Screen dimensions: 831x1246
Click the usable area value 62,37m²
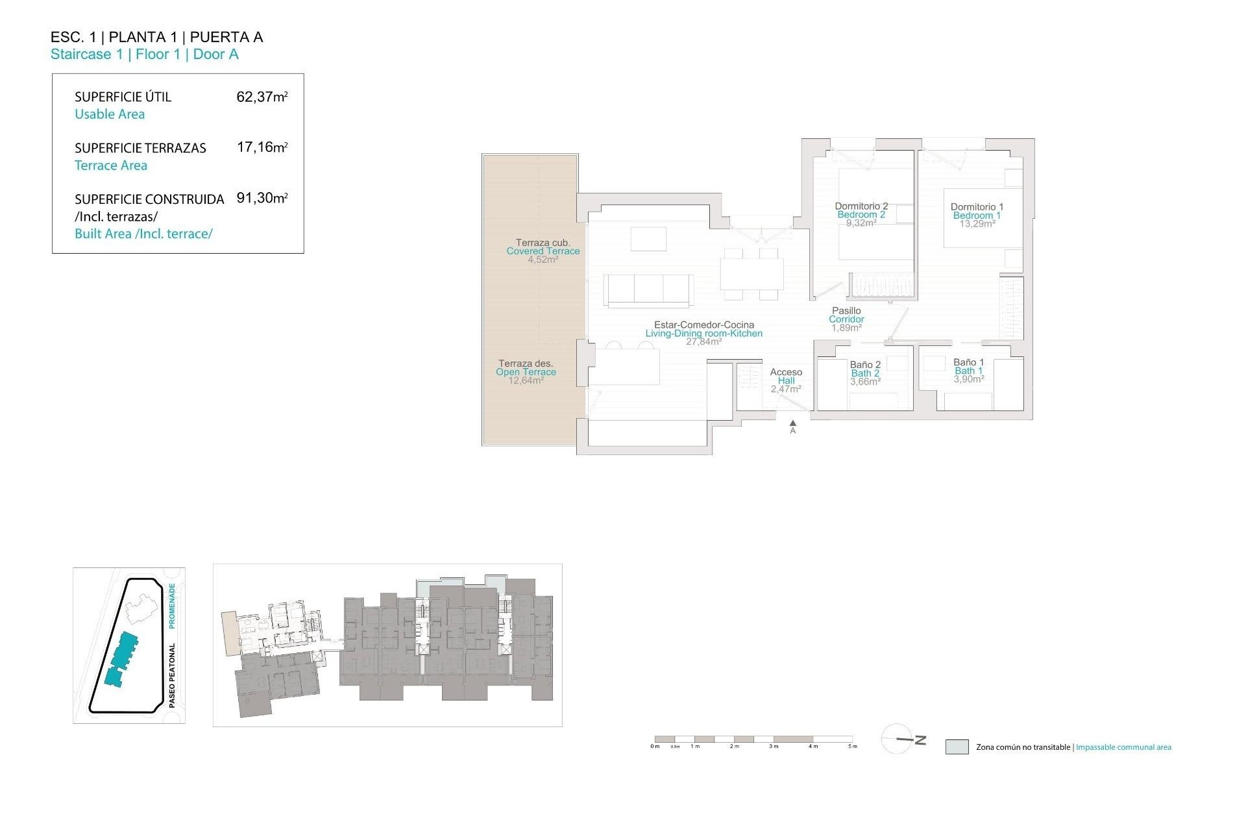(262, 97)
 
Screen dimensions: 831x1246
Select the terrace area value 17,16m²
(262, 147)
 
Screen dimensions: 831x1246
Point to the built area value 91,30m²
(262, 198)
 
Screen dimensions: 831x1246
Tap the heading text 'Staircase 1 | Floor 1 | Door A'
(144, 55)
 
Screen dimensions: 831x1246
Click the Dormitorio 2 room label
(861, 206)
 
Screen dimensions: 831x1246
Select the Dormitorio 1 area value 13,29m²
(977, 224)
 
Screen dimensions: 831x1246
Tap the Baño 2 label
(865, 365)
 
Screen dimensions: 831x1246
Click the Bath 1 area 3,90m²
(968, 379)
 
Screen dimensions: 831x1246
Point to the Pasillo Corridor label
(846, 315)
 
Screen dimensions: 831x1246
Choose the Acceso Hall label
(786, 377)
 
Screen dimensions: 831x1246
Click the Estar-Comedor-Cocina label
(703, 325)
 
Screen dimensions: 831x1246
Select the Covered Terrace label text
(543, 251)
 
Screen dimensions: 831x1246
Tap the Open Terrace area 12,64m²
(526, 380)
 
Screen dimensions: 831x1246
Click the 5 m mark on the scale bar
(853, 746)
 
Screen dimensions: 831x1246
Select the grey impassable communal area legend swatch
(957, 747)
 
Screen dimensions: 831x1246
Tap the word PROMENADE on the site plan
(172, 605)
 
